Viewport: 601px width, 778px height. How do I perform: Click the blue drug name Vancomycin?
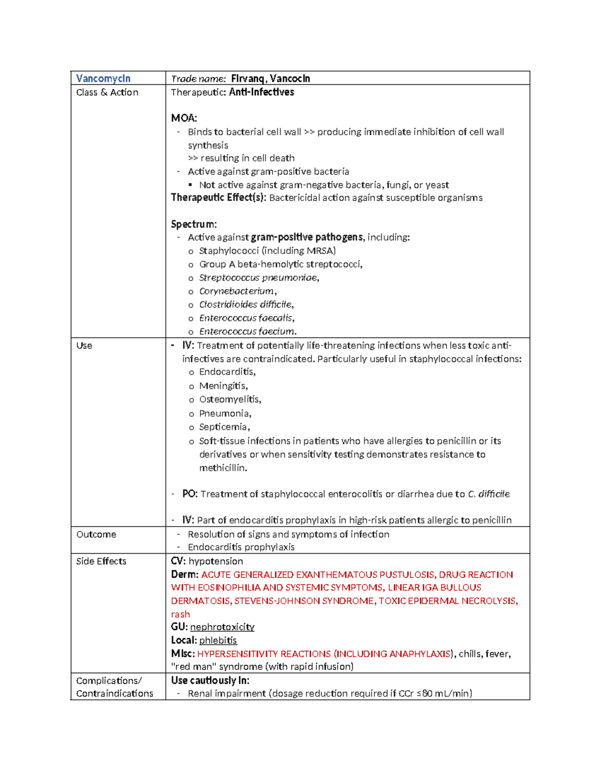click(103, 79)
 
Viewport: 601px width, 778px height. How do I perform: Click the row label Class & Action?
click(107, 92)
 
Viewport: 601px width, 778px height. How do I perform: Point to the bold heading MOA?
click(184, 118)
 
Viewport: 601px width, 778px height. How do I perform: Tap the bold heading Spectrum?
click(194, 224)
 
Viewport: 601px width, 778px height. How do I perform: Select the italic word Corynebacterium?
click(236, 291)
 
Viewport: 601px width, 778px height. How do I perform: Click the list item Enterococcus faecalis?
click(246, 318)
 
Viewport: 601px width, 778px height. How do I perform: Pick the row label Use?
click(84, 346)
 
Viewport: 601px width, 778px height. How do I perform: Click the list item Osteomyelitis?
click(229, 399)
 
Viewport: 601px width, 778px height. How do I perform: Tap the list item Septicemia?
click(223, 427)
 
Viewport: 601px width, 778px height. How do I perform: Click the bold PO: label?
click(190, 494)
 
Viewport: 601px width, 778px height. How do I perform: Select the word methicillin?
click(222, 468)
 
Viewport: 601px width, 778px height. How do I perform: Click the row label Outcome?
click(96, 535)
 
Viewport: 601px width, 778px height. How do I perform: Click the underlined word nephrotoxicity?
click(222, 627)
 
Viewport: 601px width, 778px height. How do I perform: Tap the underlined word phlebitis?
click(218, 640)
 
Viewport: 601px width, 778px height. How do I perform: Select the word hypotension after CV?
click(216, 562)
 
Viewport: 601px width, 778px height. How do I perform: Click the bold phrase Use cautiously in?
click(210, 680)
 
